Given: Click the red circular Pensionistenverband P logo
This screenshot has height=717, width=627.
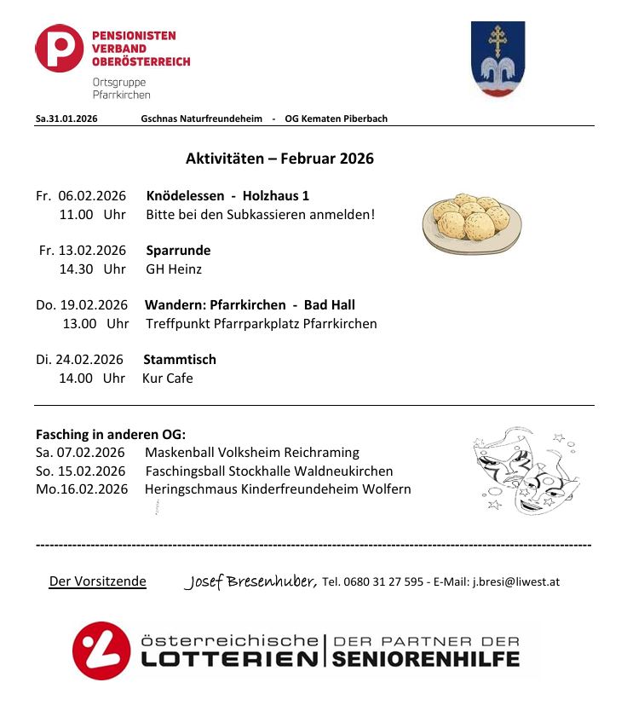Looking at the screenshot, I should click(x=60, y=48).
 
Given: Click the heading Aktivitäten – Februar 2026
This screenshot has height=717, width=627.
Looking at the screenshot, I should click(x=279, y=159).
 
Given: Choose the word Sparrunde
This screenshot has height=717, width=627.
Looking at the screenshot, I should click(x=178, y=251).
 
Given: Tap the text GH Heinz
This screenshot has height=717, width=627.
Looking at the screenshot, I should click(x=174, y=269).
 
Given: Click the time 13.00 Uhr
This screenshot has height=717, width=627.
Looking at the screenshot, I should click(x=95, y=324).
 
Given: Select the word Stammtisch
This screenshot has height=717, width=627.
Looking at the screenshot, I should click(x=180, y=360).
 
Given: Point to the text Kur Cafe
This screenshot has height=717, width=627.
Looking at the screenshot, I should click(x=168, y=379).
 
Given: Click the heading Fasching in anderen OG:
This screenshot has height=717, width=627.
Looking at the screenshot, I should click(x=111, y=434).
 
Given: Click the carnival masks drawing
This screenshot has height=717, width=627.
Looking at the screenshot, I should click(x=519, y=471).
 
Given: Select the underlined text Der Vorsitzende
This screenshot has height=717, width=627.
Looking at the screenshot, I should click(x=98, y=582).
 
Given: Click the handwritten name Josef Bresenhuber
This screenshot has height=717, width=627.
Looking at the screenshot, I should click(x=250, y=581).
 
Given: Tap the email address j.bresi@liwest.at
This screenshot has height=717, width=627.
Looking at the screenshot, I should click(x=515, y=582).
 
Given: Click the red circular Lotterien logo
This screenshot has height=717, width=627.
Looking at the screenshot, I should click(x=101, y=650).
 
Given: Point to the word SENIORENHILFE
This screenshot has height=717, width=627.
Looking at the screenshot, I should click(x=426, y=659).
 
